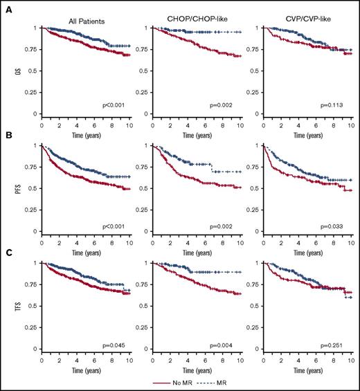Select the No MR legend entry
(174, 381)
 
